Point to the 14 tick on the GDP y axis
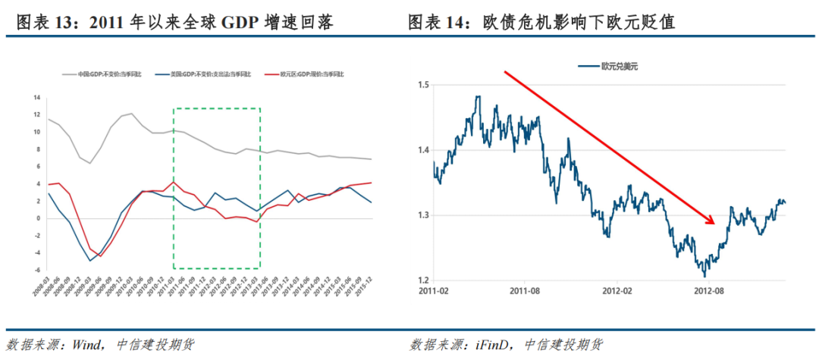(x=36, y=97)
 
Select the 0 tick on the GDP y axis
(x=37, y=218)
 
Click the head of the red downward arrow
(x=712, y=223)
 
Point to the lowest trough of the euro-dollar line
(x=704, y=276)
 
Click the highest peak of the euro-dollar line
(x=478, y=96)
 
